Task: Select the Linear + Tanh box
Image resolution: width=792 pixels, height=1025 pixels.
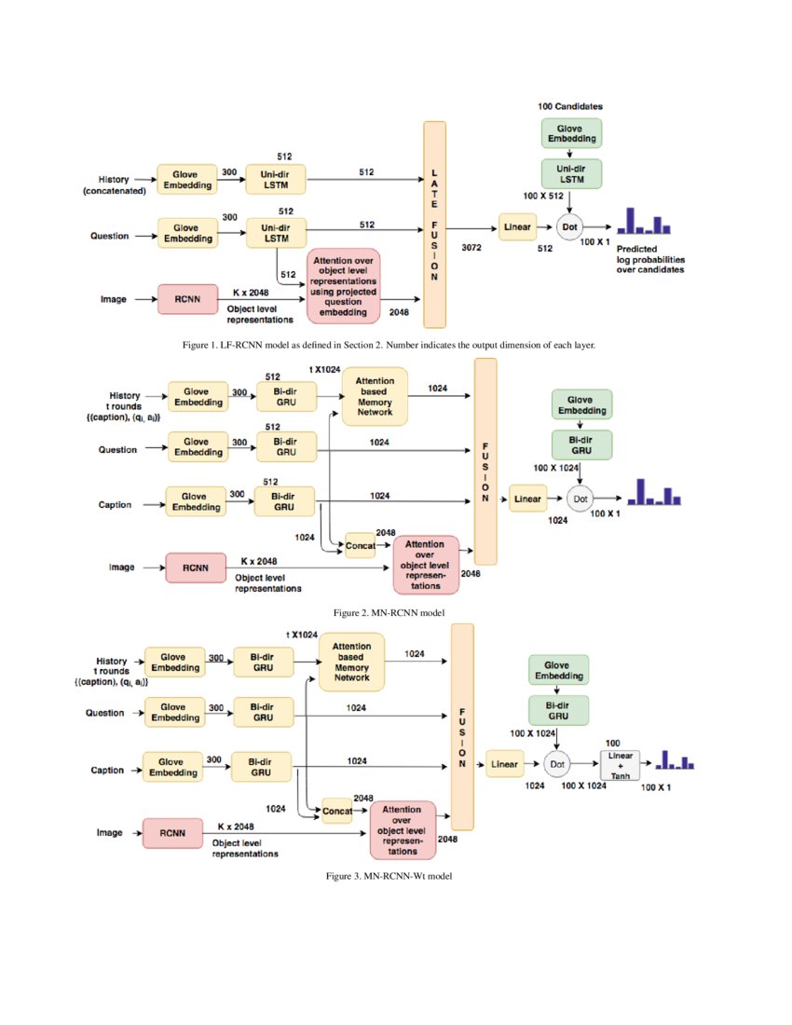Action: coord(621,763)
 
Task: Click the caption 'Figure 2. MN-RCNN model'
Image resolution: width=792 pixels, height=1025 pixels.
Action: coord(389,612)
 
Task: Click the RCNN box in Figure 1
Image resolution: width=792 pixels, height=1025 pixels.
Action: coord(188,299)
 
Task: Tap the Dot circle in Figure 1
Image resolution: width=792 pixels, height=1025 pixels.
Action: coord(569,226)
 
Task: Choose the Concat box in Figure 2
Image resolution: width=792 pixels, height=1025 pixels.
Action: coord(360,545)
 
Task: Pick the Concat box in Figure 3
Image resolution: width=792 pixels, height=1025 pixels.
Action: coord(337,811)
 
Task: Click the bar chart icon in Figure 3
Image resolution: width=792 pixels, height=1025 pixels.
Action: coord(675,761)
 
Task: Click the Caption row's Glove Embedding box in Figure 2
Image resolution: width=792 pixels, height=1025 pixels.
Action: coord(196,500)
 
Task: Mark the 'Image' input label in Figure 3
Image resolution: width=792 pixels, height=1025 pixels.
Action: coord(110,833)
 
